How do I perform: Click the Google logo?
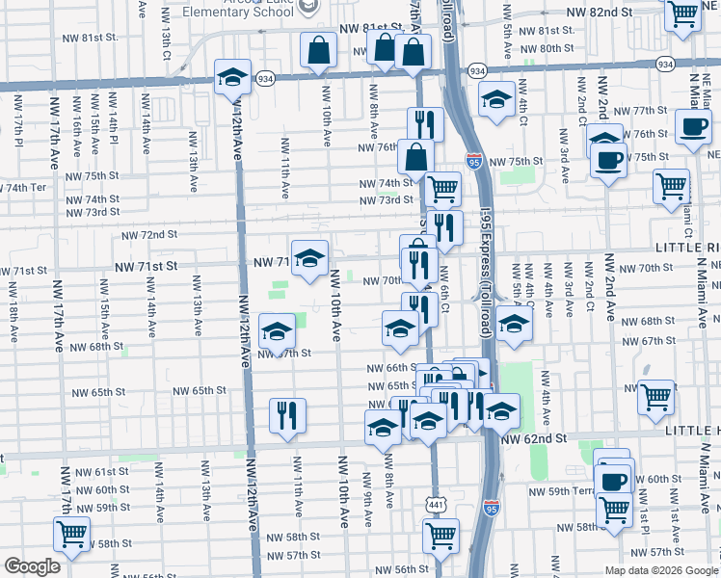[x=32, y=566]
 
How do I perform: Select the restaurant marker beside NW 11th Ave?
[x=287, y=415]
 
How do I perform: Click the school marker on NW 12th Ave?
[x=232, y=76]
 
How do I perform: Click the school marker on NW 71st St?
[x=310, y=258]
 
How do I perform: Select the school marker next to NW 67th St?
[x=277, y=332]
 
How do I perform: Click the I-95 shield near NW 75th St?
[x=473, y=160]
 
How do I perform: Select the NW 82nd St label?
[x=600, y=13]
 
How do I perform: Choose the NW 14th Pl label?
[x=114, y=127]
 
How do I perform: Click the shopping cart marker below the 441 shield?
[x=441, y=535]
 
